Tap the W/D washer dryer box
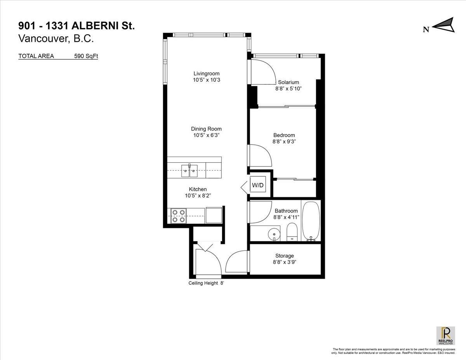[258, 185]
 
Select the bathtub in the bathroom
[311, 221]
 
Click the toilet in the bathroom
[291, 232]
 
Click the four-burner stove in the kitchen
[178, 216]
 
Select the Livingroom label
[207, 73]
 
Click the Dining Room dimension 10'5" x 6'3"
[207, 136]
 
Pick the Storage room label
[284, 256]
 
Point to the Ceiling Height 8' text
[206, 283]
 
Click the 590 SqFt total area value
[86, 56]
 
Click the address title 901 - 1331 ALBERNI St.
[77, 26]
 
